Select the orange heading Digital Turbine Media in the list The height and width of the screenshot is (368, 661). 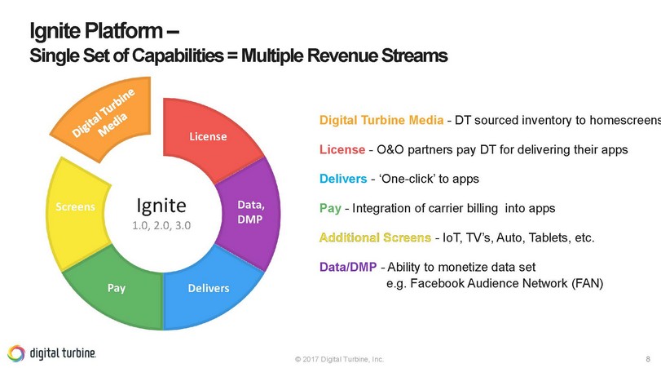(381, 121)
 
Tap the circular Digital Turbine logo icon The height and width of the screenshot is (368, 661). (15, 352)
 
